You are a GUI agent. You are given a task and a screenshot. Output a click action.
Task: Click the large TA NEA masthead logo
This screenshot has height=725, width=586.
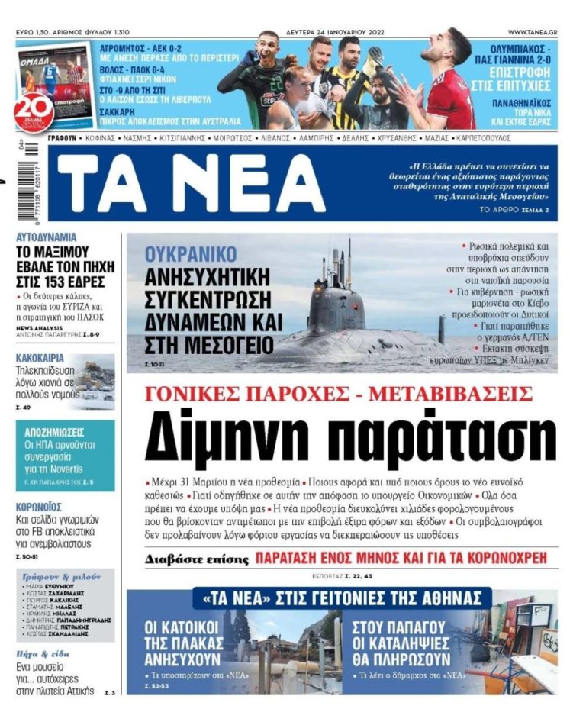[x=190, y=183]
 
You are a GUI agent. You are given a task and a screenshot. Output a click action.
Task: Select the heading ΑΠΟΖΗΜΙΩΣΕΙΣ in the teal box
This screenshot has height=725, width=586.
[x=65, y=432]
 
